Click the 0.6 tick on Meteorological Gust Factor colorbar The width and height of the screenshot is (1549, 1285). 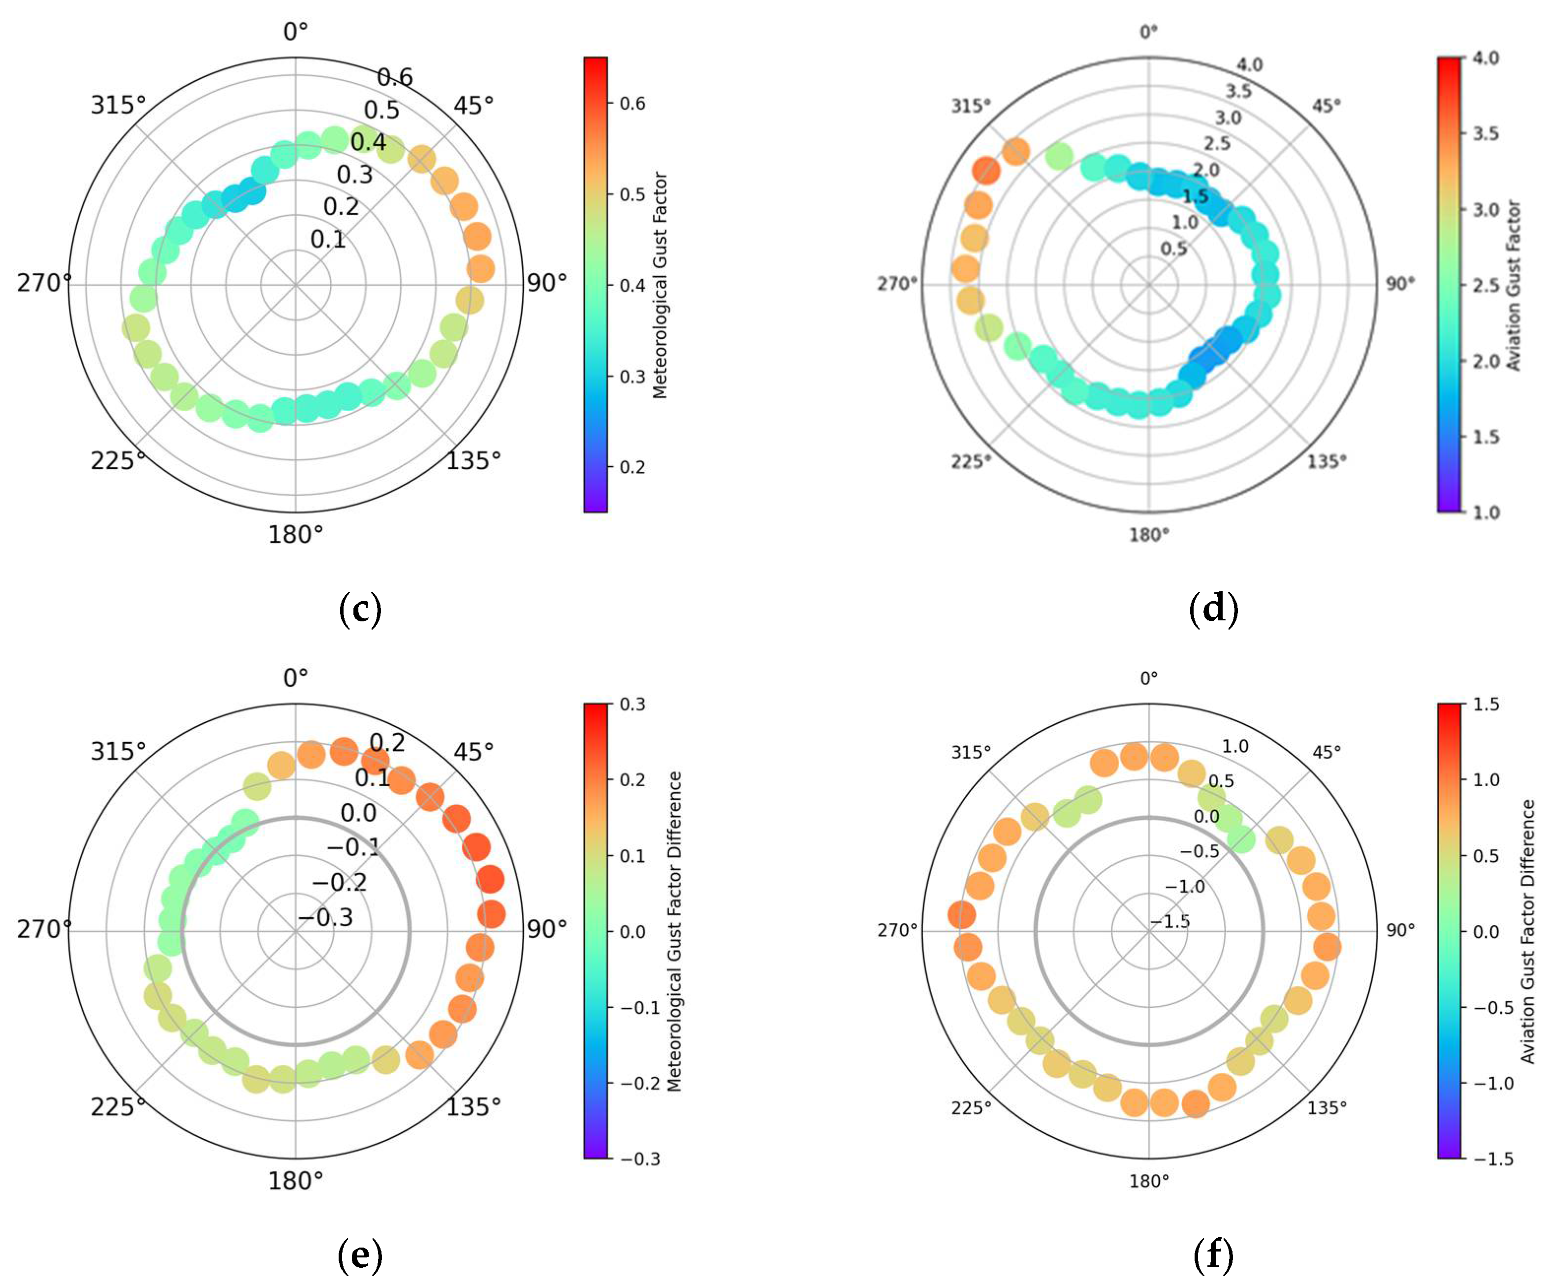coord(632,104)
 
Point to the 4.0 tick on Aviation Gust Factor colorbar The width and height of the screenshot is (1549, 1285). coord(1486,58)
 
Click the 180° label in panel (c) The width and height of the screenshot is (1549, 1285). coord(295,535)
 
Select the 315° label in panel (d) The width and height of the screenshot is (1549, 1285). coord(970,106)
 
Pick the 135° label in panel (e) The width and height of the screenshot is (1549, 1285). coord(473,1106)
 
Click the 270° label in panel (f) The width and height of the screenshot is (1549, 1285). coord(897,930)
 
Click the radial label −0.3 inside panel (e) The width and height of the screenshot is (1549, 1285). coord(325,918)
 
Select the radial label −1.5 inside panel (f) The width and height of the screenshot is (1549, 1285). coord(1170,921)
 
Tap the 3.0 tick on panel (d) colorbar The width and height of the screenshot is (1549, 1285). coord(1486,210)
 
